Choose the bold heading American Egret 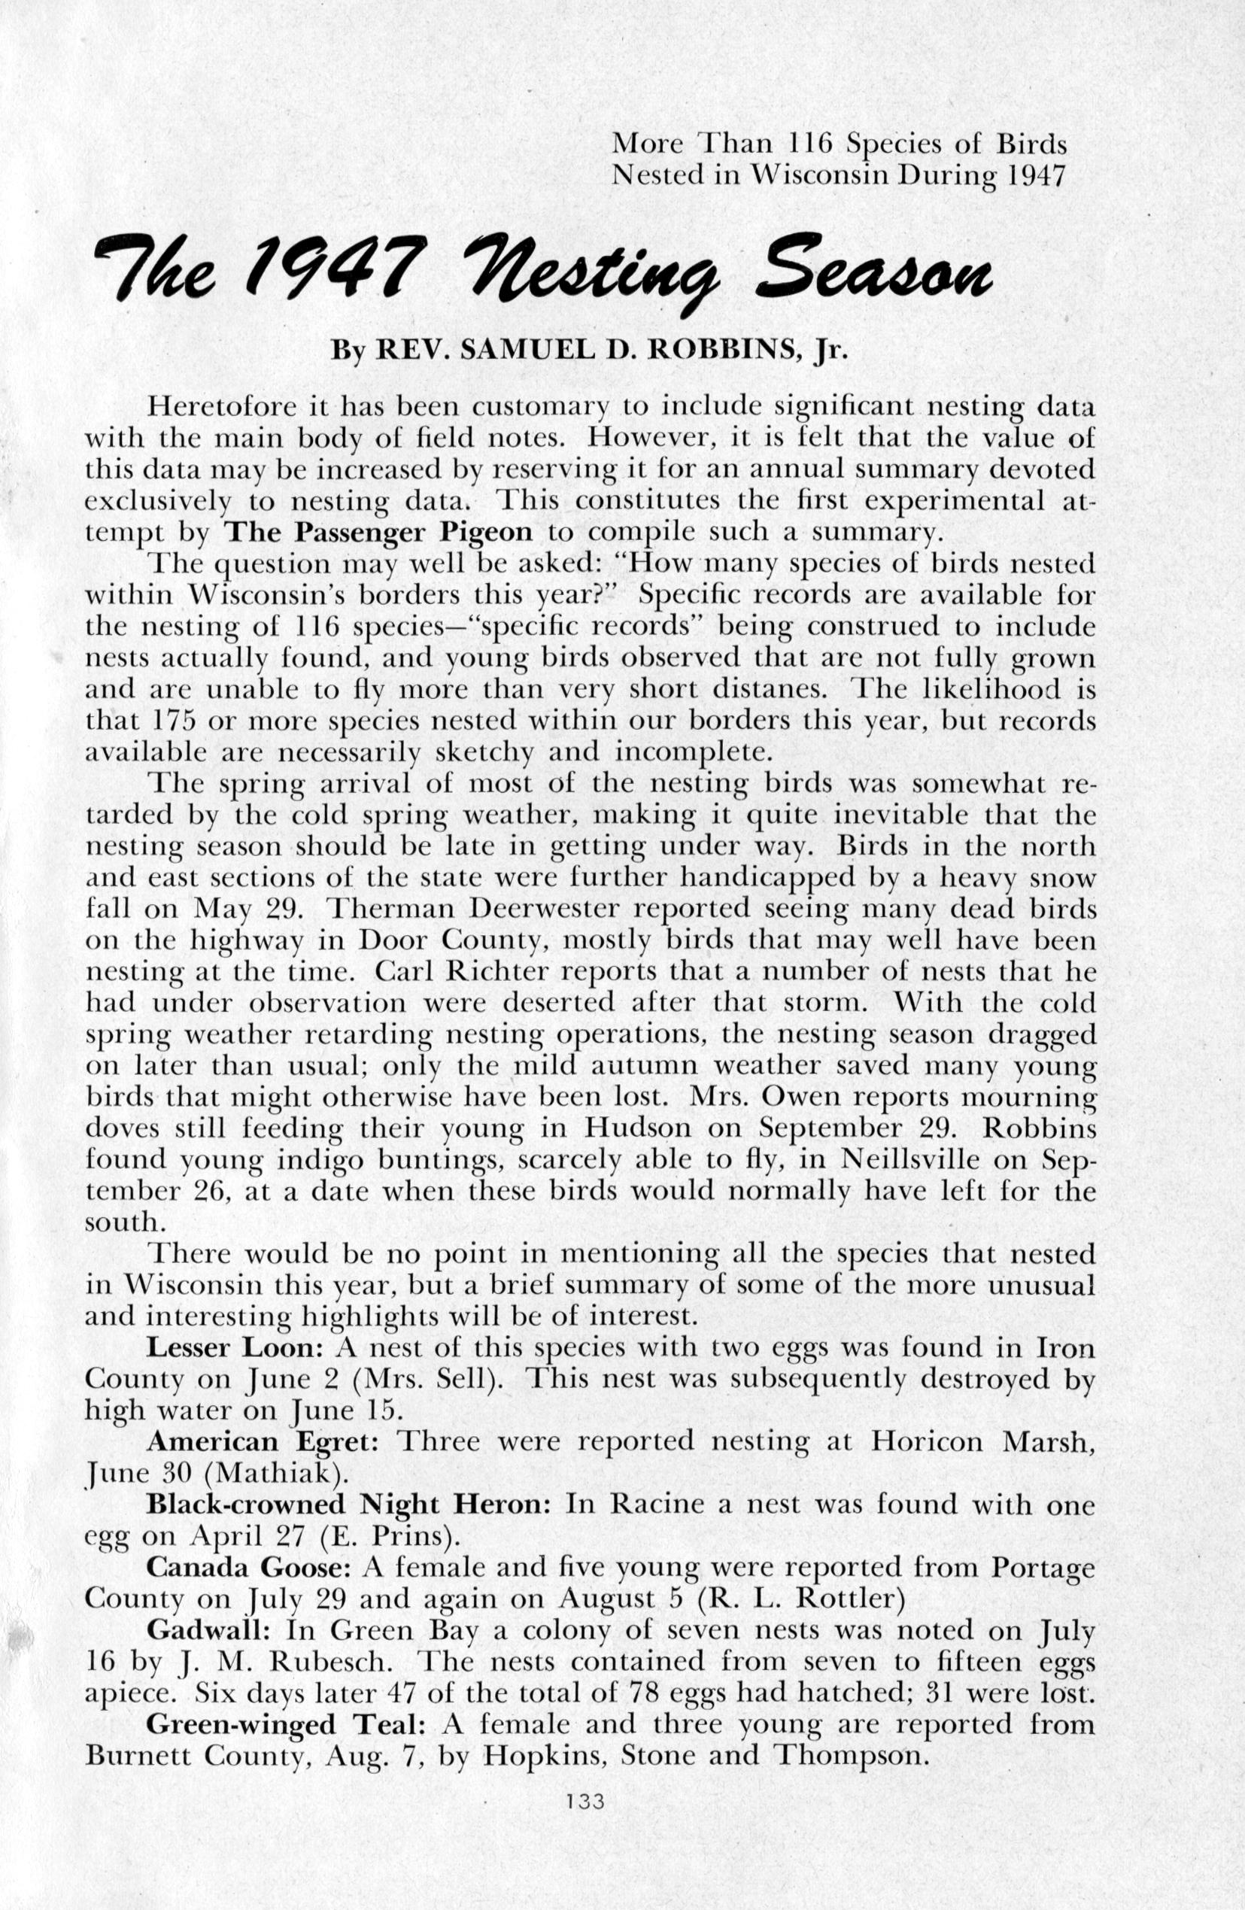pyautogui.click(x=263, y=1441)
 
